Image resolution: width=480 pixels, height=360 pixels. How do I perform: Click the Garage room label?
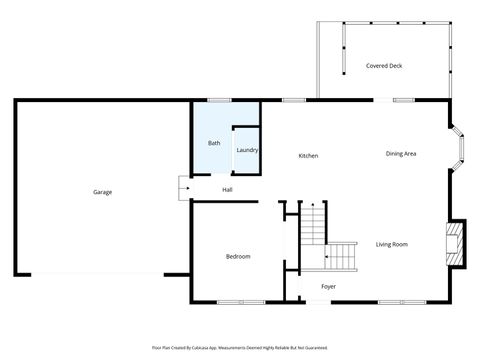tap(102, 191)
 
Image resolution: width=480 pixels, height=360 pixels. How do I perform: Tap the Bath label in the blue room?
tap(214, 143)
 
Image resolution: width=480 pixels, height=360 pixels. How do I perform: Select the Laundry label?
tap(247, 150)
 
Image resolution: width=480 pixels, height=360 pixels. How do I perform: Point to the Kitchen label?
tap(308, 155)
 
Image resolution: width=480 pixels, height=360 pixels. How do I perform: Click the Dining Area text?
tap(401, 153)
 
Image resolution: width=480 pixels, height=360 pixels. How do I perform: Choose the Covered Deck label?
tap(384, 66)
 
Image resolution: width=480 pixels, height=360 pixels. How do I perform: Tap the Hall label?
tap(228, 189)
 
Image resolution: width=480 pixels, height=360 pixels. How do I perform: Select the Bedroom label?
tap(238, 257)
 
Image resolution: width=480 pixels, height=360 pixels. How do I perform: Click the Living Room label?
tap(391, 244)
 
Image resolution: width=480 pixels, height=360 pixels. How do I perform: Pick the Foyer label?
tap(328, 286)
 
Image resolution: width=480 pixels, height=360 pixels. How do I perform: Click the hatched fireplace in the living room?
tap(456, 243)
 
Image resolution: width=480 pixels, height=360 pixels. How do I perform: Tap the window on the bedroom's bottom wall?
tap(240, 301)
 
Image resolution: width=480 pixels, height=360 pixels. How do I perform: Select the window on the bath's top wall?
tap(219, 99)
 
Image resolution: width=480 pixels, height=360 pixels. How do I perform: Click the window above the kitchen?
tap(294, 99)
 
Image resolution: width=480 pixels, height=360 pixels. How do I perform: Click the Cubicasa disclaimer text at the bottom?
tap(240, 347)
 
